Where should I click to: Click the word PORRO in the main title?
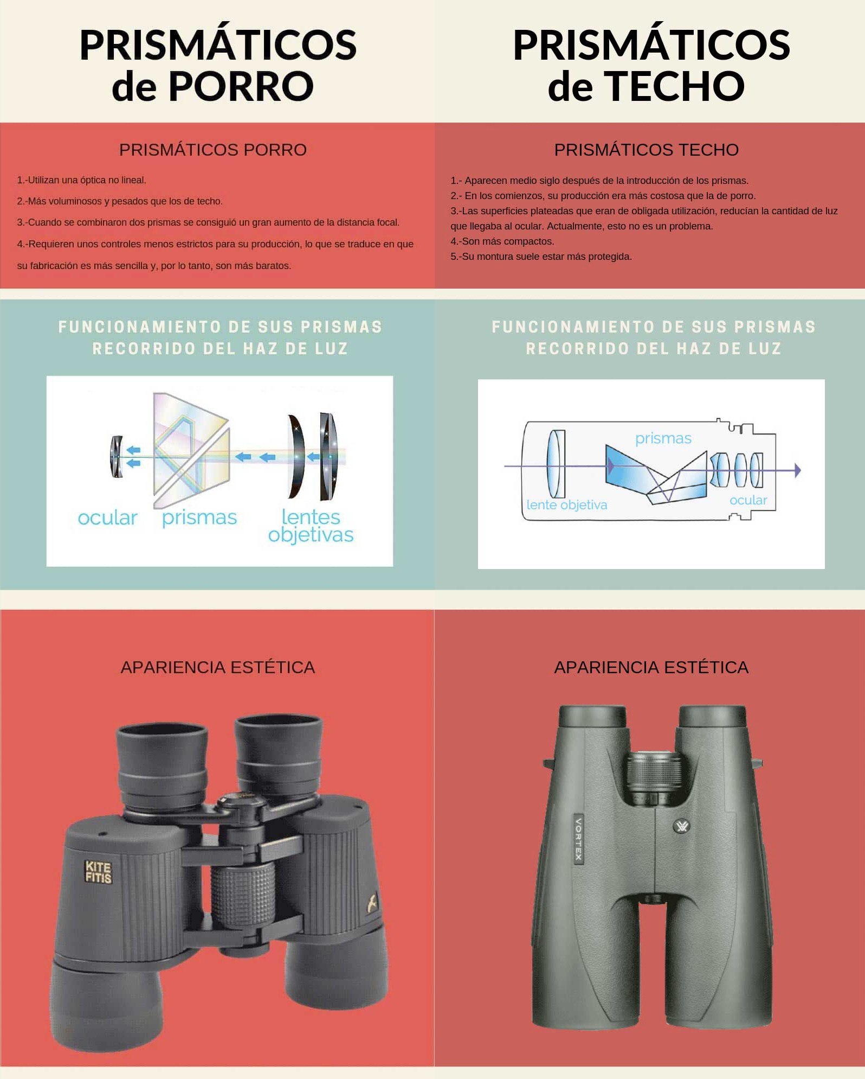tap(241, 86)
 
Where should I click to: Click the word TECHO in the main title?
tap(674, 86)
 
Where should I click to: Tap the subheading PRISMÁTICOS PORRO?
tap(213, 150)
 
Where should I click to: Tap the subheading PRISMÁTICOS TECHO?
tap(646, 150)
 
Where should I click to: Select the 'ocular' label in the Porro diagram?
tap(107, 518)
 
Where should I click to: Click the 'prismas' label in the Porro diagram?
tap(199, 518)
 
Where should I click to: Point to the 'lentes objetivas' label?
tap(311, 526)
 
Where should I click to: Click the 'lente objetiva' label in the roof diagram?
tap(567, 505)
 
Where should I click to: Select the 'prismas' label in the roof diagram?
tap(663, 438)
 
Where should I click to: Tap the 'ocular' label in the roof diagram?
tap(748, 500)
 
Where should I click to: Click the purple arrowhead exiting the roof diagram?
tap(797, 470)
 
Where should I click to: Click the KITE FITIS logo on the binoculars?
tap(98, 872)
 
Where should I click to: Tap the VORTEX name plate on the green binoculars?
tap(579, 839)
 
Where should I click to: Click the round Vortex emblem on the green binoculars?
tap(682, 826)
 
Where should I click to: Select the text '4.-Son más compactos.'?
tap(502, 241)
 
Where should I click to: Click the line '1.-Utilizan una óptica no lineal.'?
tap(82, 180)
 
